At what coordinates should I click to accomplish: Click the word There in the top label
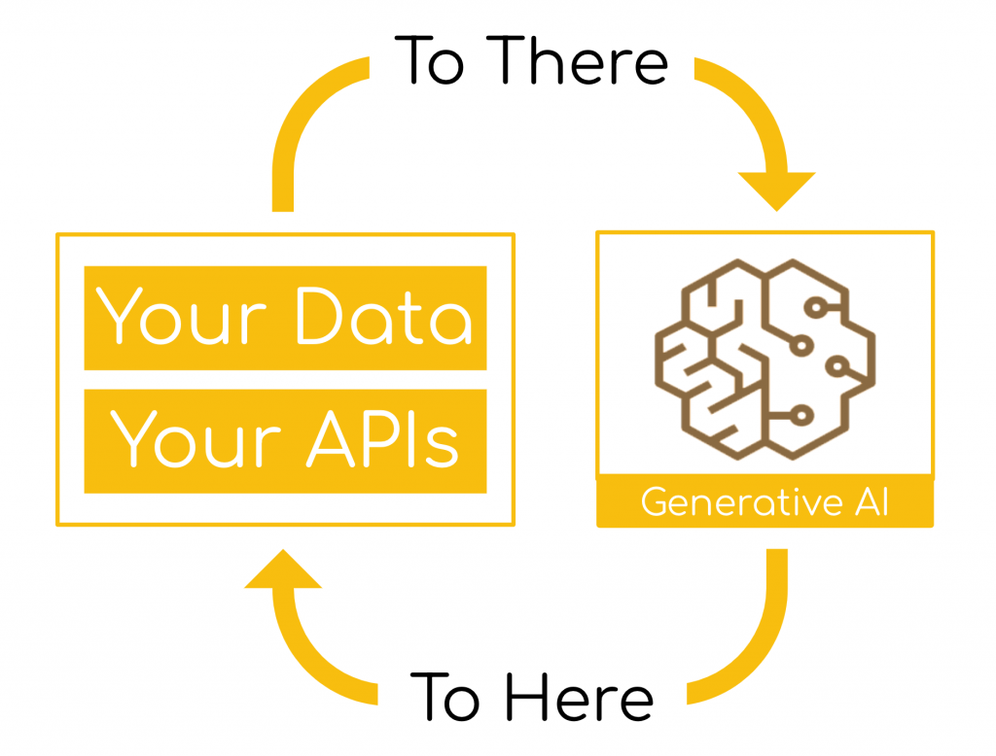pos(577,60)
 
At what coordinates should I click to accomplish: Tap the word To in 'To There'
pos(429,60)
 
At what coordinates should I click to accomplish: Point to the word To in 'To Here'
pos(445,697)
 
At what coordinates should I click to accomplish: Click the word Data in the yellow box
pos(384,316)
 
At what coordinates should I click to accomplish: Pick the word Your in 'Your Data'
pos(180,316)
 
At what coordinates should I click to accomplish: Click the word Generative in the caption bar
pos(741,502)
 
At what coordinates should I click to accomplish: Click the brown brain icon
pos(765,359)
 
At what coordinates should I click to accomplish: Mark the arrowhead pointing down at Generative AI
pos(776,191)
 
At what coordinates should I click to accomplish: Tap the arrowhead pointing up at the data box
pos(283,568)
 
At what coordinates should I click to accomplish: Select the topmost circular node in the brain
pos(816,308)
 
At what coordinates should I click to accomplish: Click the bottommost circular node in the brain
pos(801,416)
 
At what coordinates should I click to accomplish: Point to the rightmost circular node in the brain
pos(837,366)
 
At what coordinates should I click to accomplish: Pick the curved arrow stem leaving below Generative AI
pos(762,654)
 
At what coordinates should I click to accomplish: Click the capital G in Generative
pos(654,502)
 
